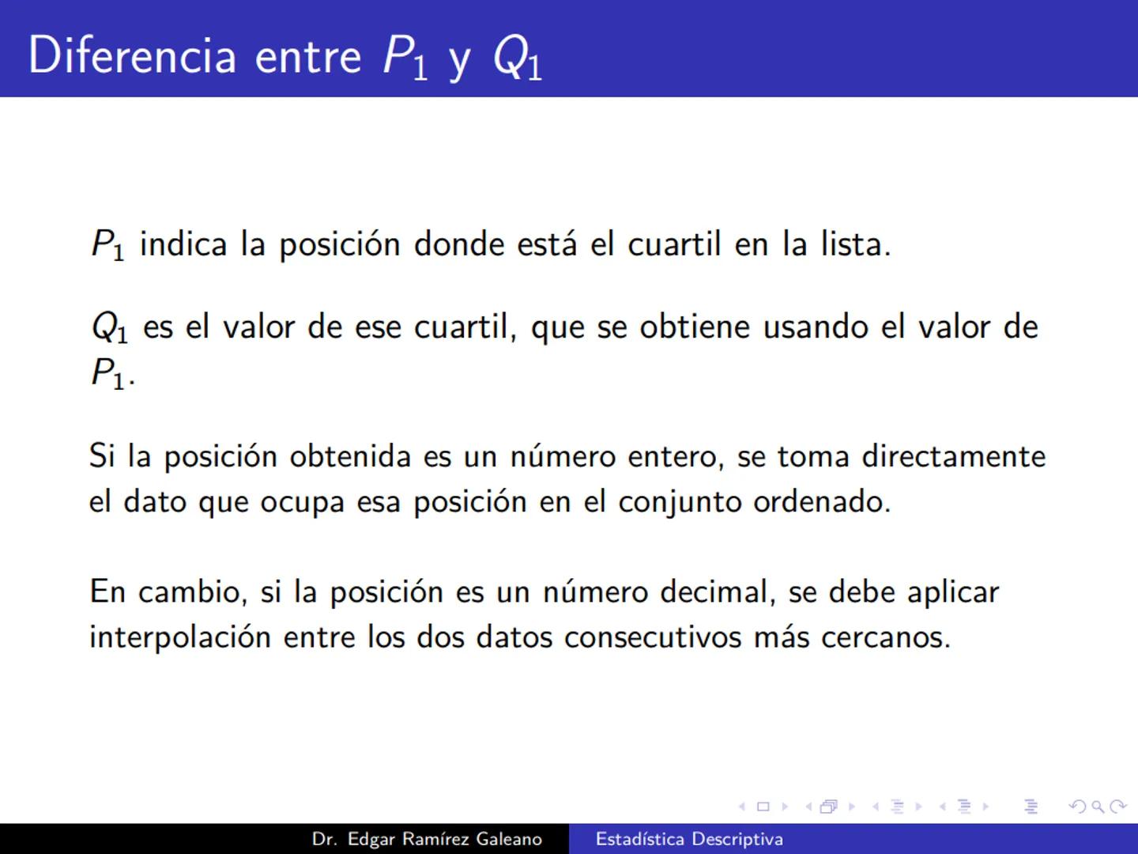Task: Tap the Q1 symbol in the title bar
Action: pos(518,59)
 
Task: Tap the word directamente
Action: pos(954,457)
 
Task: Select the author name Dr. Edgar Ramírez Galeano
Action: pos(427,839)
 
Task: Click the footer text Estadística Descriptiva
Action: pos(689,839)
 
